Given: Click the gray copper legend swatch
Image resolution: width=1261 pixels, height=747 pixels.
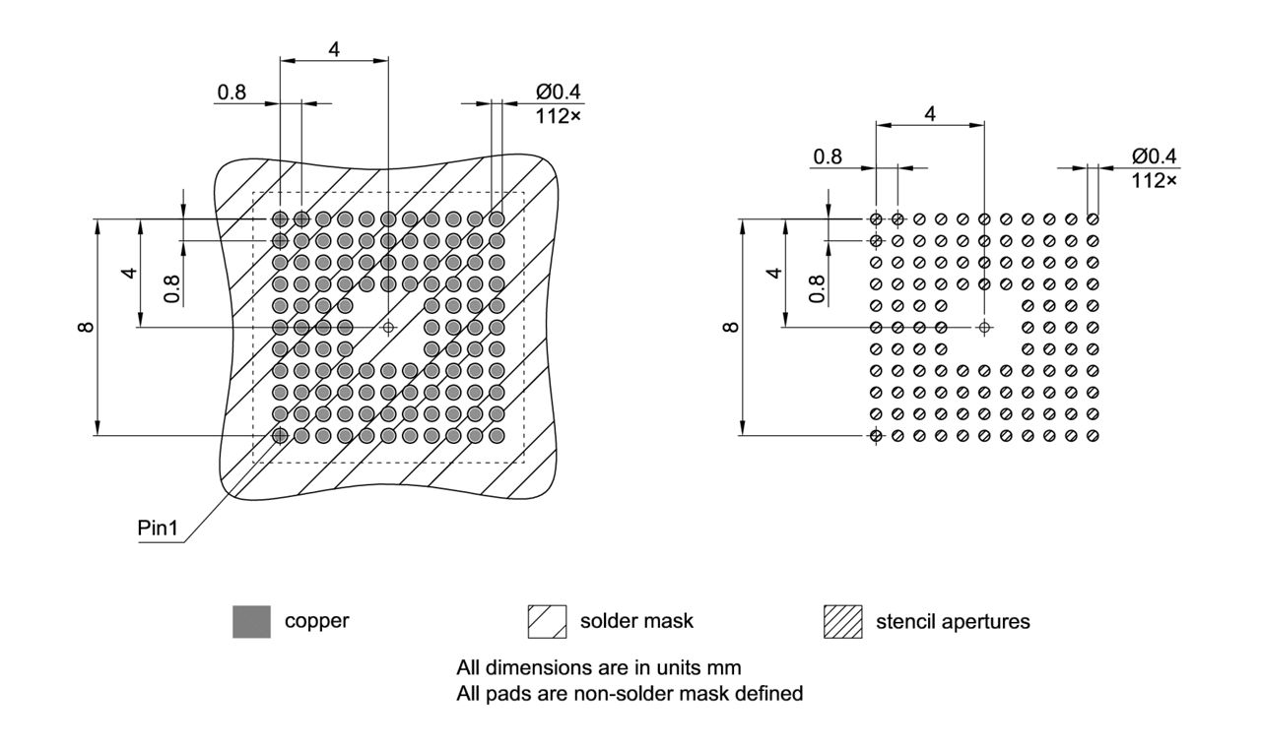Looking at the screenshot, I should (x=251, y=622).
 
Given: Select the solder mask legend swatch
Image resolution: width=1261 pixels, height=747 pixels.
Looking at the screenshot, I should (x=548, y=622).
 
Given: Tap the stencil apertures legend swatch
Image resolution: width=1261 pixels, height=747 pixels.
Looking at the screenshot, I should (x=842, y=622).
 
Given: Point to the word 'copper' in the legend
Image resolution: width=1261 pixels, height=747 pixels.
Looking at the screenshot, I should (x=316, y=622).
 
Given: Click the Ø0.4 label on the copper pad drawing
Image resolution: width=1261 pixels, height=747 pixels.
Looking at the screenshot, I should (x=559, y=92).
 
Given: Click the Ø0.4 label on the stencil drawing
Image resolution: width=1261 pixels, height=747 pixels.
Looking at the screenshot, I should (x=1154, y=156).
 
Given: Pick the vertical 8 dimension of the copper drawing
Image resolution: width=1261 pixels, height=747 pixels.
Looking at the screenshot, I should (x=88, y=326).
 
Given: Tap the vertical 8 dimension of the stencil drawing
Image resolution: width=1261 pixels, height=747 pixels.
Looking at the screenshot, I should (x=731, y=326).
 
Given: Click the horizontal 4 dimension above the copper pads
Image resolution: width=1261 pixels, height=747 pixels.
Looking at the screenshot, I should (x=334, y=49).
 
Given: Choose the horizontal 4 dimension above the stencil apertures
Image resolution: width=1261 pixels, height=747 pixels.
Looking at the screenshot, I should (x=929, y=113).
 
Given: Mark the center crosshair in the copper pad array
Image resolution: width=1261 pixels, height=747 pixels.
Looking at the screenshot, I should (x=388, y=327).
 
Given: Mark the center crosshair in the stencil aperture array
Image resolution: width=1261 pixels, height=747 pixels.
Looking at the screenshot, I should (x=983, y=327).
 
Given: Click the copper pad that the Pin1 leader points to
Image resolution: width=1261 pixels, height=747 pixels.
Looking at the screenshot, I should (x=281, y=435).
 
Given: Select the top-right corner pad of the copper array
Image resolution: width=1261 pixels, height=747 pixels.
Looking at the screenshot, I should (x=497, y=218).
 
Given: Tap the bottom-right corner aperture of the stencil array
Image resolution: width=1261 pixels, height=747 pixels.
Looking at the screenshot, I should (x=1092, y=435).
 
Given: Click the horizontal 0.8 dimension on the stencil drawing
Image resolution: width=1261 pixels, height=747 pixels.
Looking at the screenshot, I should (x=828, y=156).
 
